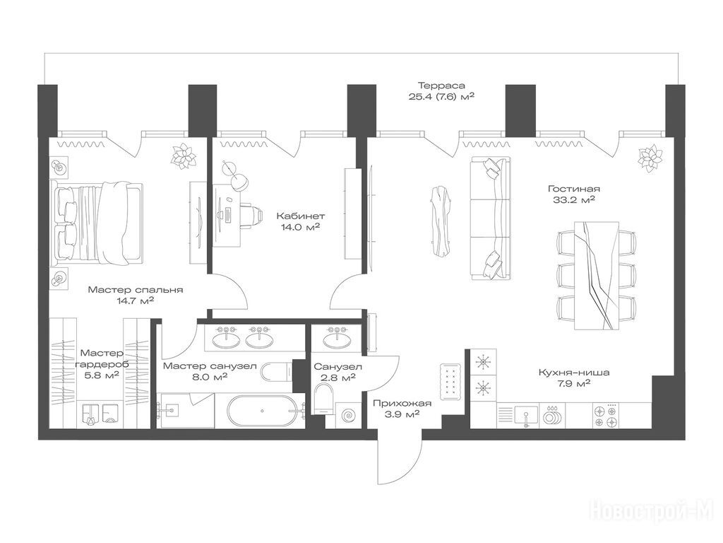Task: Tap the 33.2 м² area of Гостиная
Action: click(573, 200)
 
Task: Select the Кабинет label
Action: click(301, 216)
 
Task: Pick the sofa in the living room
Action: click(491, 218)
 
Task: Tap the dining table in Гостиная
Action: click(596, 276)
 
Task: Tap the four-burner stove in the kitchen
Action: click(606, 415)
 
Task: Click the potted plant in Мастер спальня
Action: click(184, 155)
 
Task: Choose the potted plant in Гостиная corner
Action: click(650, 158)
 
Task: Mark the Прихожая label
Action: click(402, 404)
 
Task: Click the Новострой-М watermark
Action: click(652, 512)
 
